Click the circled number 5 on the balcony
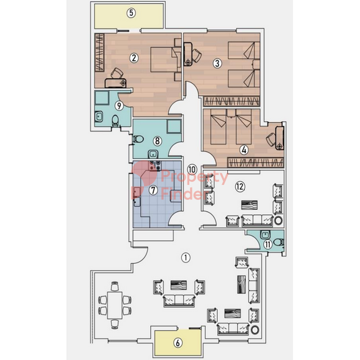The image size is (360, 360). tap(131, 13)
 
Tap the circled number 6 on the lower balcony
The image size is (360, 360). tap(178, 343)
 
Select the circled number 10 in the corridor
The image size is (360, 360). tap(192, 169)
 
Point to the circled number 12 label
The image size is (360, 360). tap(240, 186)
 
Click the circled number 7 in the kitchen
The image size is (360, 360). tap(153, 190)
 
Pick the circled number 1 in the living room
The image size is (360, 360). tap(186, 258)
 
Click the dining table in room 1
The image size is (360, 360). tap(115, 305)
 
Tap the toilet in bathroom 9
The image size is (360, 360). tap(115, 120)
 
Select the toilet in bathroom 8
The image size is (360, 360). tap(138, 139)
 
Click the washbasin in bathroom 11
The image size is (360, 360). tap(266, 235)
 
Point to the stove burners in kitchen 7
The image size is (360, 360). tap(155, 166)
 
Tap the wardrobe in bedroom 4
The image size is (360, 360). tap(255, 163)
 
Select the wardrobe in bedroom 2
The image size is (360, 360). tap(99, 52)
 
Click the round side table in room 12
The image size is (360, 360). tap(278, 220)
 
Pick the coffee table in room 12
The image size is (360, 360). tap(250, 205)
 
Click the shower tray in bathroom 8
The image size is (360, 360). tap(174, 126)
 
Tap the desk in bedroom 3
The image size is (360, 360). tap(188, 54)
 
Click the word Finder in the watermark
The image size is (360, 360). tap(184, 194)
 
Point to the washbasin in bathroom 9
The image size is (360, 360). tap(99, 117)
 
